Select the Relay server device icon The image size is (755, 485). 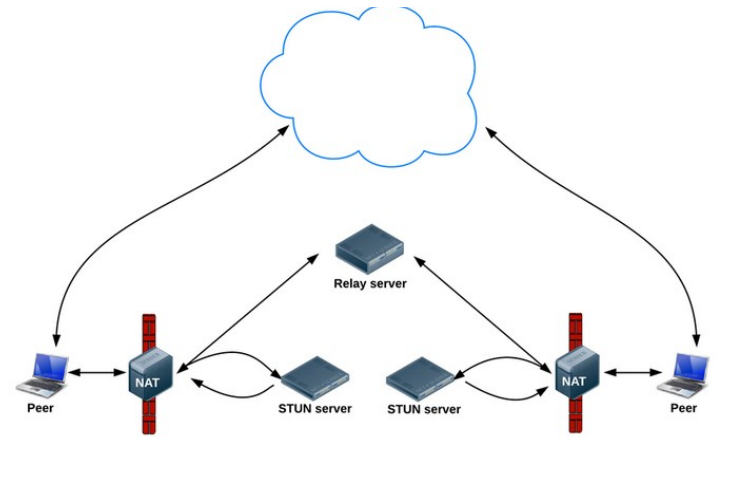pyautogui.click(x=369, y=248)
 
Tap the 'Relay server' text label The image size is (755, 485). pyautogui.click(x=369, y=284)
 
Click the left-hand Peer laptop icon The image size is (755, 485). pyautogui.click(x=45, y=372)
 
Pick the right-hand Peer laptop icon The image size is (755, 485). pyautogui.click(x=691, y=372)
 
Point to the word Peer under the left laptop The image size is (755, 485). pyautogui.click(x=43, y=409)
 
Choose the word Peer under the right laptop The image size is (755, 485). pyautogui.click(x=683, y=409)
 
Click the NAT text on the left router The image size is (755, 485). pyautogui.click(x=143, y=381)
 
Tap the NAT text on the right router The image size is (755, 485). pyautogui.click(x=574, y=381)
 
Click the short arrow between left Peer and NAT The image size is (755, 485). pyautogui.click(x=97, y=373)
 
